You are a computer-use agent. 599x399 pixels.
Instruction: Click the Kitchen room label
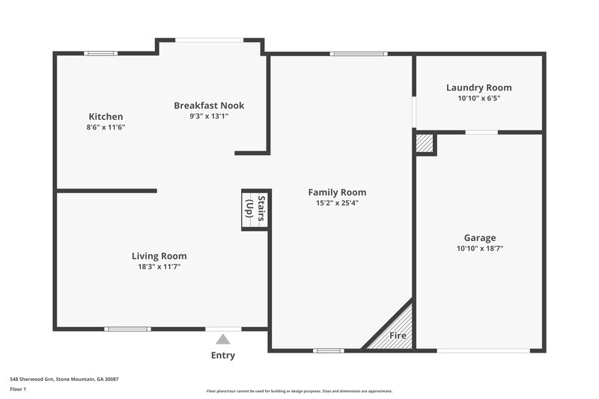click(106, 117)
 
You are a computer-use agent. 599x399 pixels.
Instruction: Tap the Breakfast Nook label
click(209, 106)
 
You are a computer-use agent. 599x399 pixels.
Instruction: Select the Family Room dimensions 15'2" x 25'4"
click(337, 203)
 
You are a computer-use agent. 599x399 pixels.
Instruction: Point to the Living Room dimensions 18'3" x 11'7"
click(159, 266)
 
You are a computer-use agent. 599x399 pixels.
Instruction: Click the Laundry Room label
click(478, 88)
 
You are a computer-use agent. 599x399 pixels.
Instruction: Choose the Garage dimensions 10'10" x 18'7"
click(479, 249)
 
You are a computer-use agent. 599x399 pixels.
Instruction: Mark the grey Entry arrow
click(223, 339)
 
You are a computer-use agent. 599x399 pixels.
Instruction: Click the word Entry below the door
click(223, 356)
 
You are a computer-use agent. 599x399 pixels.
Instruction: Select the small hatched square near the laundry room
click(425, 144)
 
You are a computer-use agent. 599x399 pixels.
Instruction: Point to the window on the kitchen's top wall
click(100, 53)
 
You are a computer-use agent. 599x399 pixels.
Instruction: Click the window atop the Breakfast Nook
click(210, 40)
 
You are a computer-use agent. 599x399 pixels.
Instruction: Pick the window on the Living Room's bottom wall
click(127, 329)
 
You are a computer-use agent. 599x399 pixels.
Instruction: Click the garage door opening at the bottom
click(479, 350)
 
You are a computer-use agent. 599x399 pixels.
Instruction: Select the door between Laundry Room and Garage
click(481, 133)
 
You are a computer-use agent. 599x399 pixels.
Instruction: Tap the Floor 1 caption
click(18, 389)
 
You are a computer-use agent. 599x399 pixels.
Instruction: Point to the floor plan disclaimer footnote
click(299, 391)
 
